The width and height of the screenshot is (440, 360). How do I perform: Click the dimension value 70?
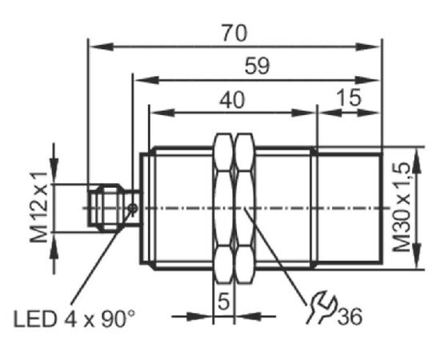(x=234, y=33)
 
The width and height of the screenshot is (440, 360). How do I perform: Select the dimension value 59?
(x=257, y=66)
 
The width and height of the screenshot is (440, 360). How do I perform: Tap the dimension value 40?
(x=232, y=100)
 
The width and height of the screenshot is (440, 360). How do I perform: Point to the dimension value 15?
(x=349, y=98)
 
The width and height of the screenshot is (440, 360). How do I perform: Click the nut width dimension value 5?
(x=224, y=302)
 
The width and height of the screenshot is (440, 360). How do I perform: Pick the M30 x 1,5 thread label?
(x=402, y=208)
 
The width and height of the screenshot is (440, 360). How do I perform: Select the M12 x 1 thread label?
(x=38, y=208)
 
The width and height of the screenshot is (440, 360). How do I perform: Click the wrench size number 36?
(x=350, y=317)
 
